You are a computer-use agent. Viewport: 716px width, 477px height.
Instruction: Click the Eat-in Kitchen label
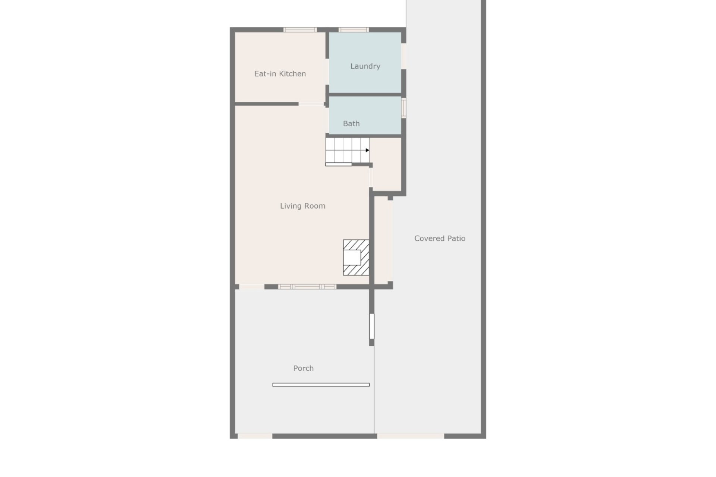(280, 74)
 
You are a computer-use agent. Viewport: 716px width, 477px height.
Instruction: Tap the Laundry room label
(365, 66)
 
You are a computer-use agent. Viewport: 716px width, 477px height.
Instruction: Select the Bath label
(351, 124)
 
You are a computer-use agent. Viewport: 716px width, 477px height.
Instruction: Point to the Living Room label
(302, 206)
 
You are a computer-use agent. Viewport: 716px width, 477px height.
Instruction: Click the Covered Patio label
(440, 238)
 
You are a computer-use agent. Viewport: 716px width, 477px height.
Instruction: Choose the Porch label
(303, 368)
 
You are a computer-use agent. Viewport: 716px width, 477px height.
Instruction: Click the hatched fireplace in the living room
(356, 258)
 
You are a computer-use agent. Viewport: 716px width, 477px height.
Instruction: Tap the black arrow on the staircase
(367, 150)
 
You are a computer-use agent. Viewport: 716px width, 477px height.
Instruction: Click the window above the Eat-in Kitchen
(300, 30)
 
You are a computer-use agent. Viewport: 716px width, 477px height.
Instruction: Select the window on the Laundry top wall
(354, 30)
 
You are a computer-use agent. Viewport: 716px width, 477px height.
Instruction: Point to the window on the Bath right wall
(403, 108)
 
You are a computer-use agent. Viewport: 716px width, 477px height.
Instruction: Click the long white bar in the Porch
(321, 385)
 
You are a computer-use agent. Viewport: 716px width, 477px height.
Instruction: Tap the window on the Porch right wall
(371, 326)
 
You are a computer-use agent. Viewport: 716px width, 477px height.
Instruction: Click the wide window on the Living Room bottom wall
(307, 287)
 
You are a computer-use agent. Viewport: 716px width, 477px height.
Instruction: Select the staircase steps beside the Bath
(348, 151)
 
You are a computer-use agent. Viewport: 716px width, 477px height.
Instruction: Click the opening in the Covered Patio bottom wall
(411, 436)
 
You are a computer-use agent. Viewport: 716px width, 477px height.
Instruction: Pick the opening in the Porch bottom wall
(255, 436)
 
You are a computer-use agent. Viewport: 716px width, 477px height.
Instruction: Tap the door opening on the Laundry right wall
(403, 56)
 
